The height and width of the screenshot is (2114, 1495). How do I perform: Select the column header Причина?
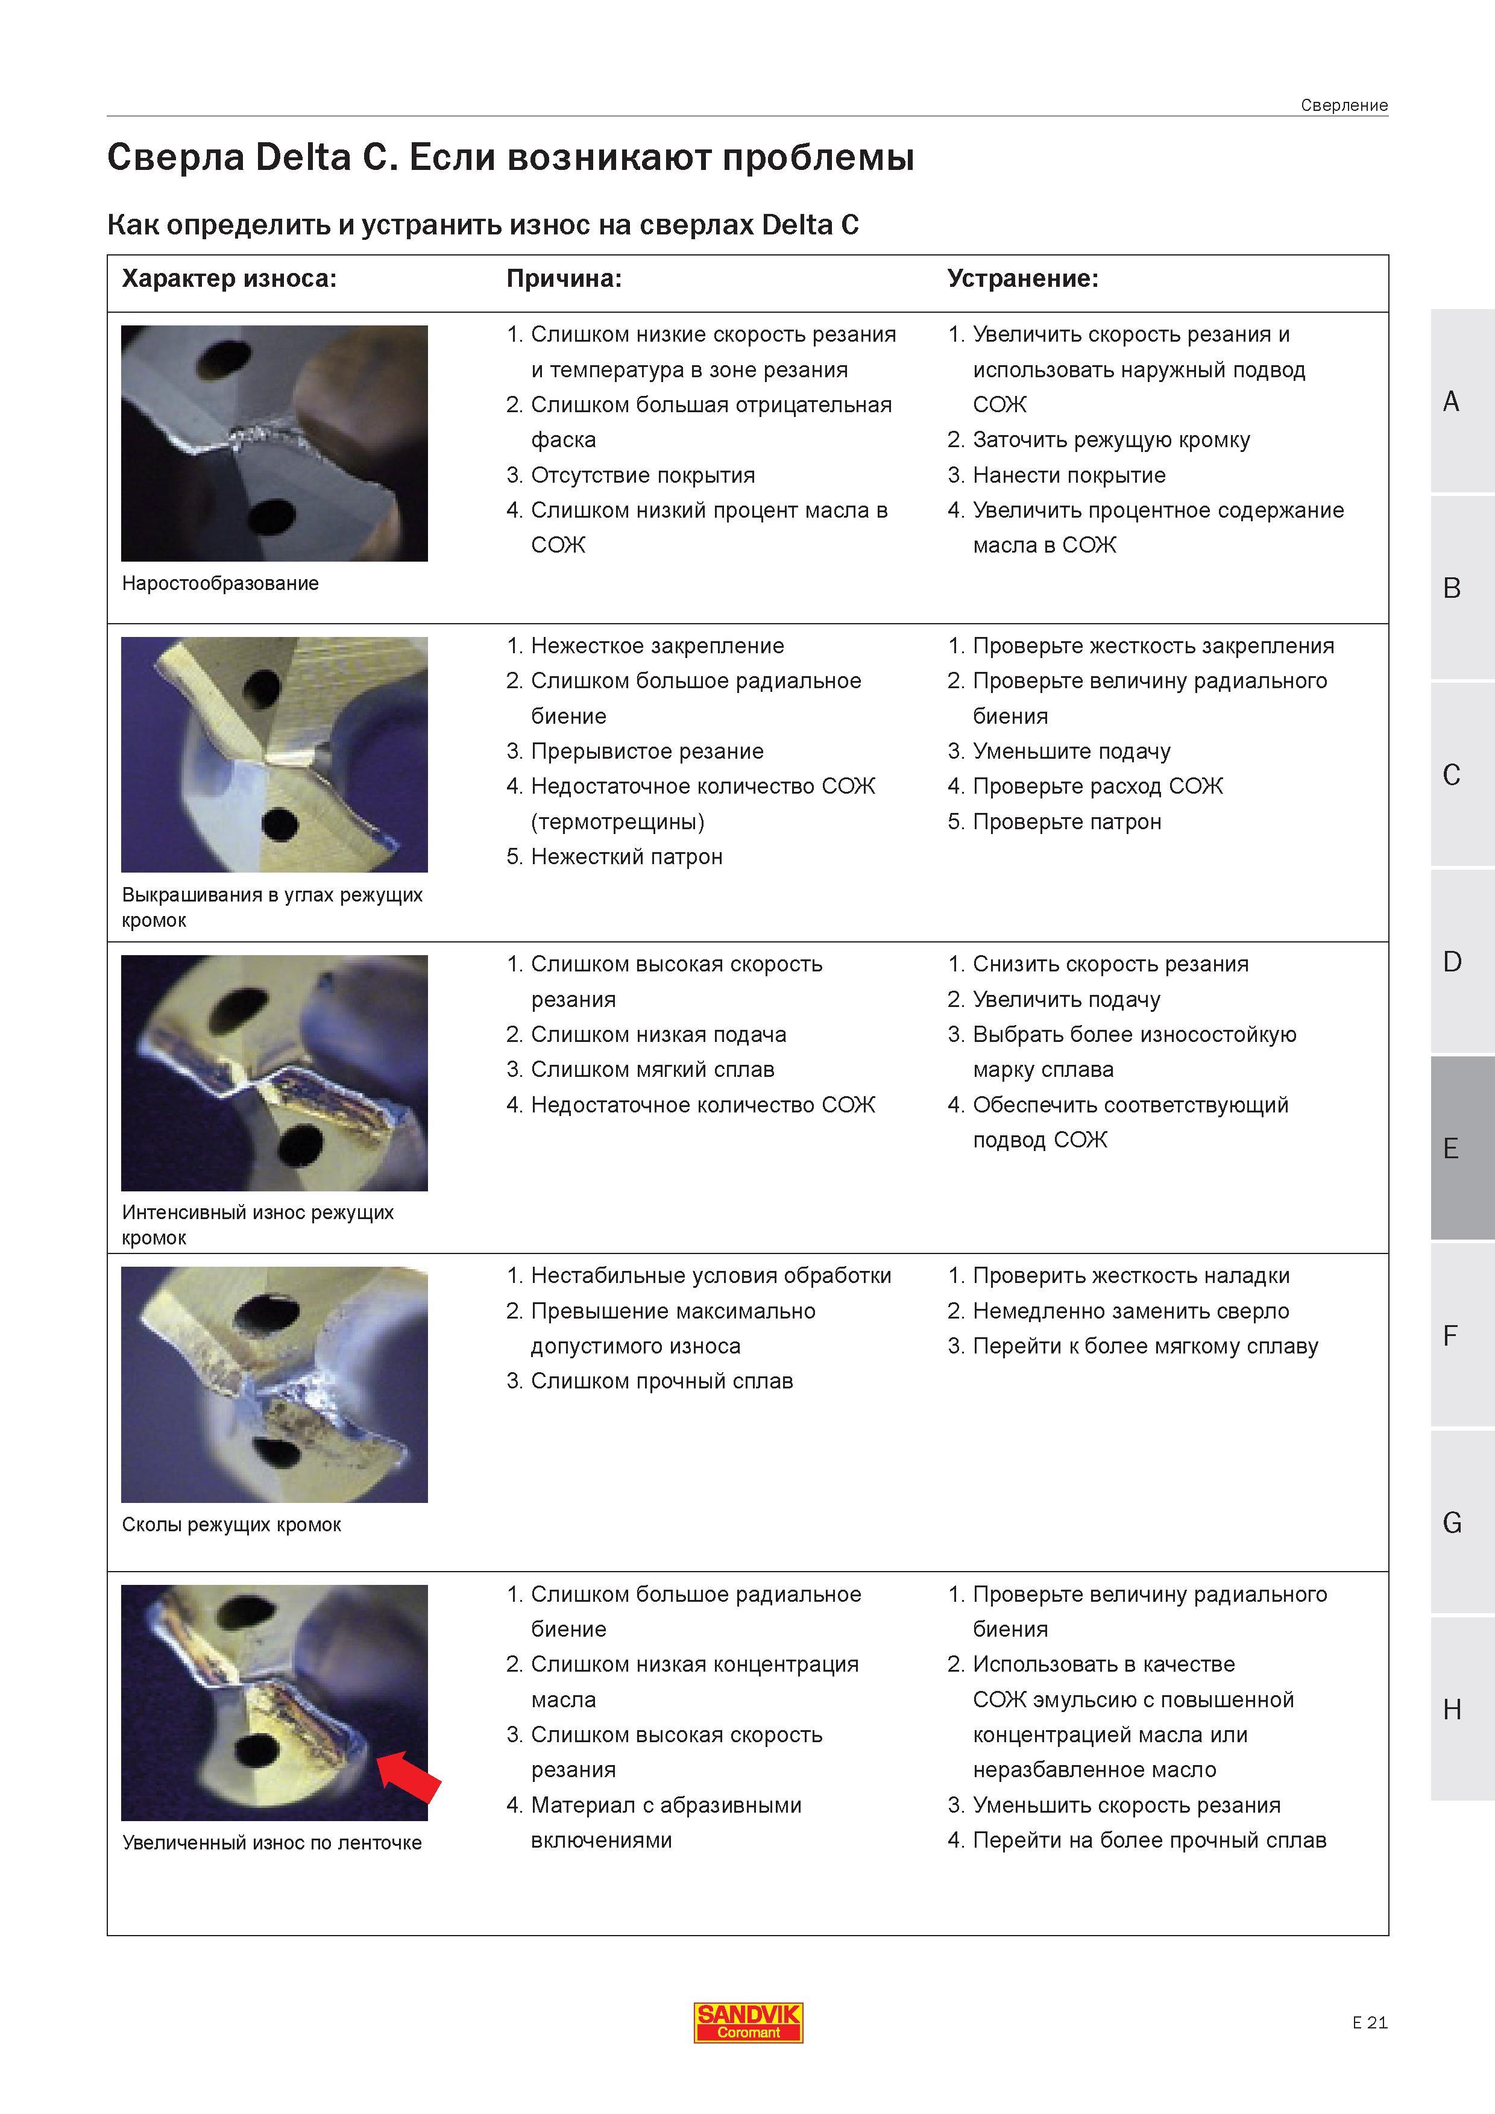coord(564,279)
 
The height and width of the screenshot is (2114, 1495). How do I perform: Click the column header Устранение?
coord(1022,279)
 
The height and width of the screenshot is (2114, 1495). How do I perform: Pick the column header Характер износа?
coord(229,279)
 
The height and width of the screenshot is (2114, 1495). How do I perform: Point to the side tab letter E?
coord(1452,1148)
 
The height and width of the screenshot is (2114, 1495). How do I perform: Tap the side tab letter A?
coord(1452,401)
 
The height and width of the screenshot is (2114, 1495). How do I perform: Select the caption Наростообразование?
coord(220,583)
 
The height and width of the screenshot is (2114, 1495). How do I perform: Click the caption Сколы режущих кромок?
coord(231,1525)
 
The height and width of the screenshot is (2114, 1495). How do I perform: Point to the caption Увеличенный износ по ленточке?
coord(272,1843)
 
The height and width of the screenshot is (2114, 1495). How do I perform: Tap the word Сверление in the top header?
coord(1344,105)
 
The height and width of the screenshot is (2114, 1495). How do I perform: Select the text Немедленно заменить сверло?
coord(1131,1311)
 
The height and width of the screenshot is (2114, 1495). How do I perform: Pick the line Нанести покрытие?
coord(1069,475)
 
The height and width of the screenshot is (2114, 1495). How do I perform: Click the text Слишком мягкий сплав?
coord(652,1070)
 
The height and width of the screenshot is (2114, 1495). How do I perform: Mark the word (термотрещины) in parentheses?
coord(618,821)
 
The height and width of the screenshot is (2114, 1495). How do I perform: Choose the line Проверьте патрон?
coord(1066,821)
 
